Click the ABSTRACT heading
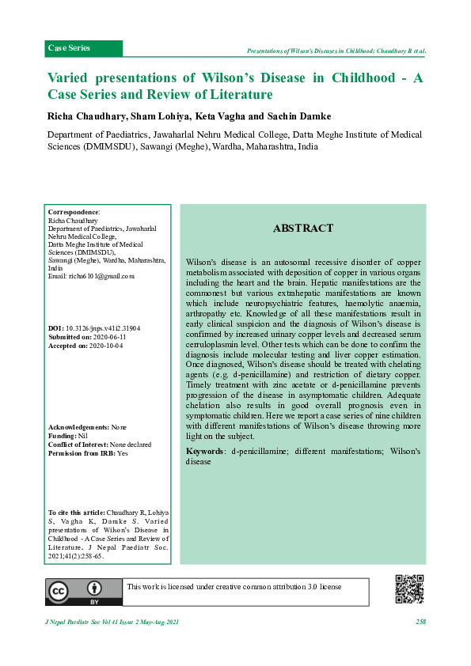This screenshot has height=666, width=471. click(x=302, y=229)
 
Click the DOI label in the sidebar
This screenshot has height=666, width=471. click(x=55, y=327)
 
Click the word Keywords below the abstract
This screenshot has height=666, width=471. click(x=204, y=451)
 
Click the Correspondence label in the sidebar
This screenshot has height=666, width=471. click(x=74, y=212)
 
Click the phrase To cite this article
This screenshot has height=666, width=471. click(x=77, y=513)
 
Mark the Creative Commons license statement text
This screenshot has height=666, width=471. click(x=234, y=587)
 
